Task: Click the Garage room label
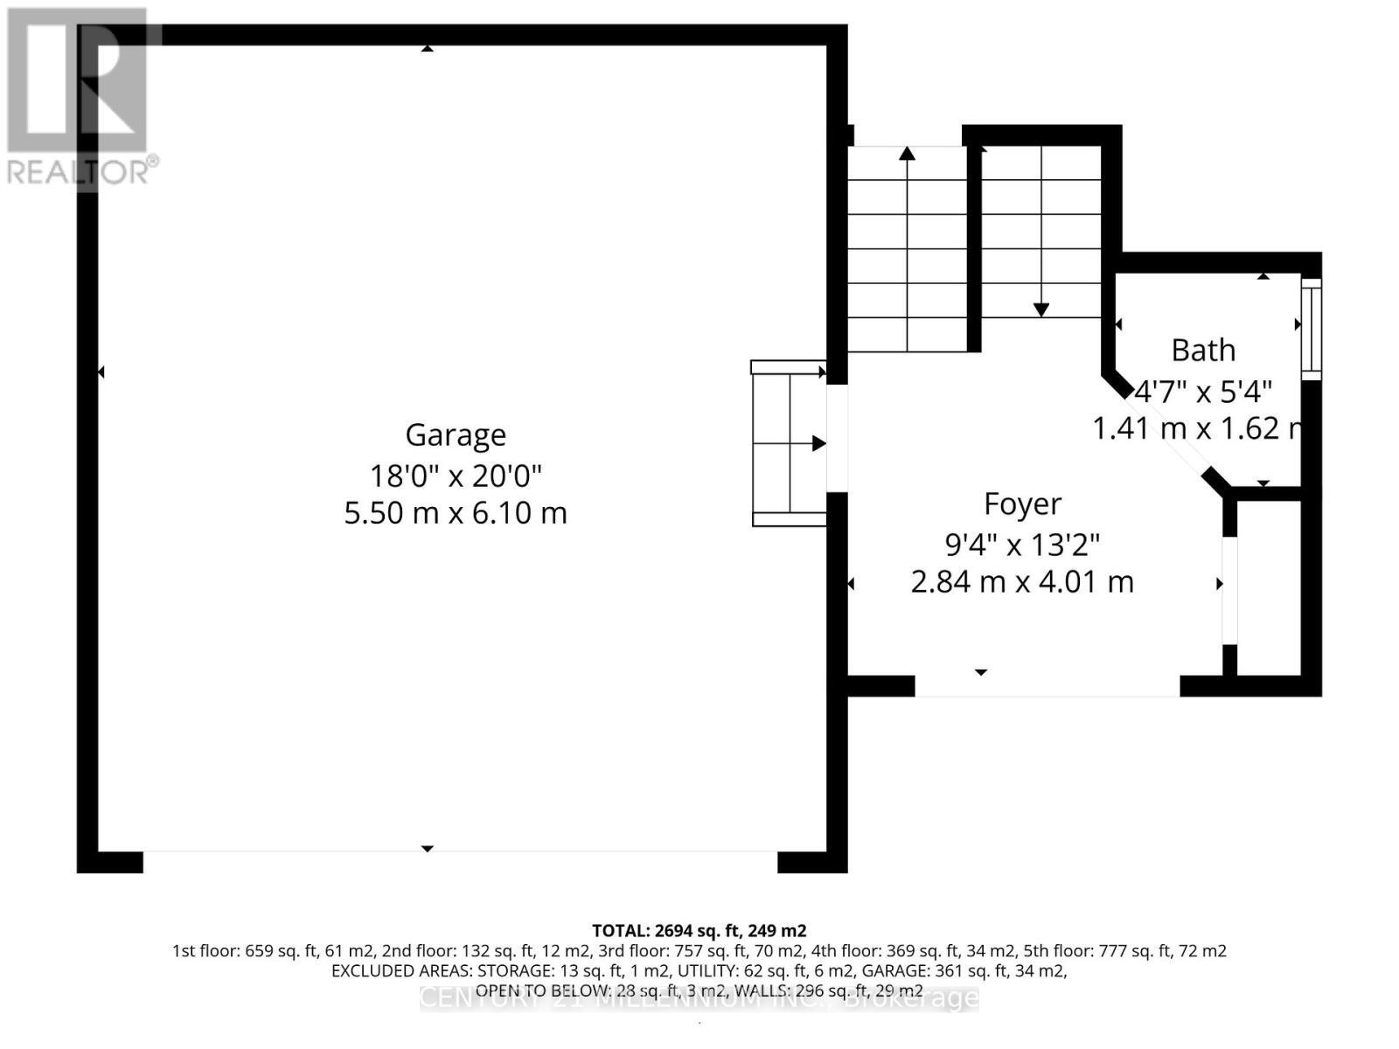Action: pos(456,434)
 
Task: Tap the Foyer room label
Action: pos(1022,504)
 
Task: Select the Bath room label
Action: pos(1203,350)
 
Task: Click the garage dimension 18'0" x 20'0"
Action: pos(456,476)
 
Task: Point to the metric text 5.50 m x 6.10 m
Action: pos(456,512)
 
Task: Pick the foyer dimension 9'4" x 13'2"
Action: pos(1022,545)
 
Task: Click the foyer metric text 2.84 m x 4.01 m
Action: pos(1022,581)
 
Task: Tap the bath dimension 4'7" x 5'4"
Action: pos(1203,391)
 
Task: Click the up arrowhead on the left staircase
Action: pos(908,154)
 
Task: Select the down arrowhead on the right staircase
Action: pos(1041,309)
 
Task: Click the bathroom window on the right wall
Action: pos(1310,328)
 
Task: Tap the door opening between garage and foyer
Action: pos(837,438)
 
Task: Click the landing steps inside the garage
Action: pos(789,443)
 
